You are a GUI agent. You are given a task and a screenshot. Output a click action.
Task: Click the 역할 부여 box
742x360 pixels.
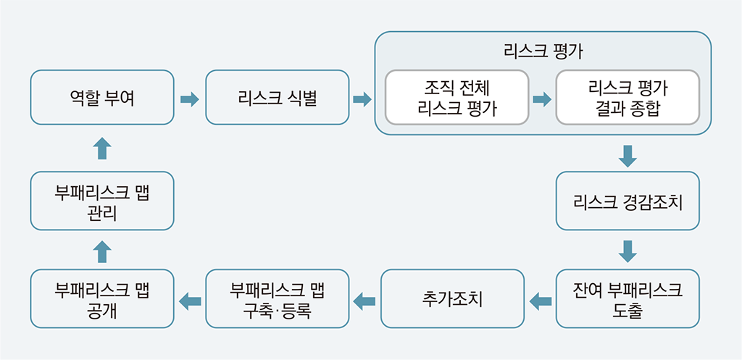[102, 98]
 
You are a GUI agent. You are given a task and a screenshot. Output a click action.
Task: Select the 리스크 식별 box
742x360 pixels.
[278, 98]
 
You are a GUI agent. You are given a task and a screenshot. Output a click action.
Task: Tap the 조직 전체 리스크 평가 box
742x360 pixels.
[457, 98]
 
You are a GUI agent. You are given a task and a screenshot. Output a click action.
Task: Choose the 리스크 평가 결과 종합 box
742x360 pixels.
[628, 98]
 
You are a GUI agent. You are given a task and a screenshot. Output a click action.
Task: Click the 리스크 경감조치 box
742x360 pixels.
[628, 201]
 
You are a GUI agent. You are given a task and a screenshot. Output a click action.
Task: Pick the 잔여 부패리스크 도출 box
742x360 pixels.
[628, 298]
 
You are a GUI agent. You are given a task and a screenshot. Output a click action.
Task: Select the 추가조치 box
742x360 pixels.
[452, 298]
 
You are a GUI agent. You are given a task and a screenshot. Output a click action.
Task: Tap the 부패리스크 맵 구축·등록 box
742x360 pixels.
[278, 298]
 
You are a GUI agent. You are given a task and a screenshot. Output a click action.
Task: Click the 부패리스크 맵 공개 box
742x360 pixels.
[102, 298]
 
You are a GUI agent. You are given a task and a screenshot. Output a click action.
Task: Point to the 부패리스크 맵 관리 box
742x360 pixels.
[102, 201]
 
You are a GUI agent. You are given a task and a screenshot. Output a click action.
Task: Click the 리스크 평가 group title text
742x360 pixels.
[543, 51]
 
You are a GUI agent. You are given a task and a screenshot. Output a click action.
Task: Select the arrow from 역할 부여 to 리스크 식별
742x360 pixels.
[190, 99]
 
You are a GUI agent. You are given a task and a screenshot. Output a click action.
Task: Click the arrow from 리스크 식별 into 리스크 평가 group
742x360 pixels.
[362, 99]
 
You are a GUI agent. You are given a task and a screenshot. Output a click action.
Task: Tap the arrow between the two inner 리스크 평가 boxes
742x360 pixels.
[542, 99]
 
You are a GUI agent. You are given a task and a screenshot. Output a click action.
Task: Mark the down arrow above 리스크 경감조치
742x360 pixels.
[628, 156]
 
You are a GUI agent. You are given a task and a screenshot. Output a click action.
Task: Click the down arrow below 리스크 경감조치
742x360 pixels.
[628, 251]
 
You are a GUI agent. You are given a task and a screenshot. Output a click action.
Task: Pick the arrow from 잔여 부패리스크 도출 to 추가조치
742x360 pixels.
[541, 301]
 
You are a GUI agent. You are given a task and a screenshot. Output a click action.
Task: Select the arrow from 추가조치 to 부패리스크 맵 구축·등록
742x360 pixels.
[364, 301]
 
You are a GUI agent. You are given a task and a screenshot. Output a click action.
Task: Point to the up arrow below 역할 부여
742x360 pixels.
[102, 148]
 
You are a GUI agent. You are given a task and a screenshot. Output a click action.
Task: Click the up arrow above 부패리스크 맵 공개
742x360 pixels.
[102, 251]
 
